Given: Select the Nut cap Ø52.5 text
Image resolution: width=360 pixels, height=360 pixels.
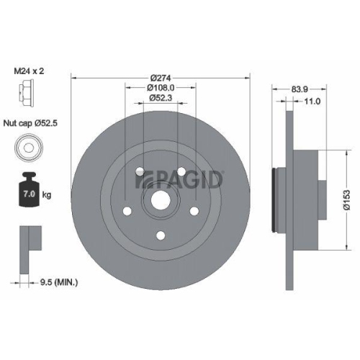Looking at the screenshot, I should coord(39,124).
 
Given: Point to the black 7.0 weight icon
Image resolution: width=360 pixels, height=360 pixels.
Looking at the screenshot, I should coord(31,191).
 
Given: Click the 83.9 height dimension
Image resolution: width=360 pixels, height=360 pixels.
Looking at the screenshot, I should coord(297,90).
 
